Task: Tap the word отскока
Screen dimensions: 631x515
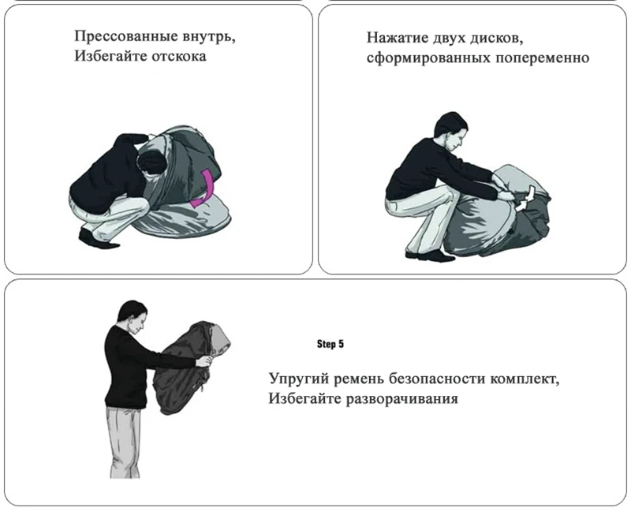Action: [x=179, y=56]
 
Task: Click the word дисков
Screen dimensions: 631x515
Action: [x=498, y=38]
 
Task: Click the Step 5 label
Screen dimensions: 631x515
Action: [x=330, y=344]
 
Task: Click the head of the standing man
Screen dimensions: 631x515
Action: [x=135, y=315]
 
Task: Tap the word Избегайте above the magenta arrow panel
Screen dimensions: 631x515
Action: [x=110, y=56]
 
